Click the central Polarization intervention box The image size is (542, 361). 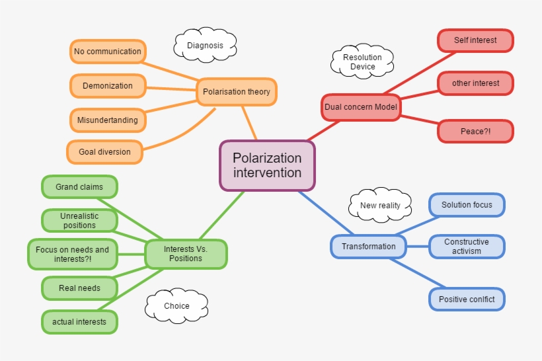tap(267, 165)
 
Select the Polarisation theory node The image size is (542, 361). tap(237, 92)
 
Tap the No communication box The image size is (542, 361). tap(108, 52)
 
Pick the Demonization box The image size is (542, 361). tap(108, 86)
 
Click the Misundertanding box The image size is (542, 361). tap(108, 120)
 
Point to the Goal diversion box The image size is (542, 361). tap(104, 152)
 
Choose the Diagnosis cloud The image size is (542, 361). tap(205, 46)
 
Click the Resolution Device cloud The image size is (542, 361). tap(362, 62)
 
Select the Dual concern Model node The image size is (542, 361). tap(360, 107)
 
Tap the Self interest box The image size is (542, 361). tap(475, 40)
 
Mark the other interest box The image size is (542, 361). tap(475, 83)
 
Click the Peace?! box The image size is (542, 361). tap(475, 132)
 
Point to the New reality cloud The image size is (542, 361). tap(380, 206)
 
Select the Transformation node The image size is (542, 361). tap(368, 247)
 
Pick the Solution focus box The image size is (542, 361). tap(467, 205)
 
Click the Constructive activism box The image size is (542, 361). tap(467, 247)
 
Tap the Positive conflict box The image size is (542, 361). tap(467, 300)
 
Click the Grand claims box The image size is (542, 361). tap(79, 187)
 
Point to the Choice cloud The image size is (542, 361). tap(176, 306)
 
